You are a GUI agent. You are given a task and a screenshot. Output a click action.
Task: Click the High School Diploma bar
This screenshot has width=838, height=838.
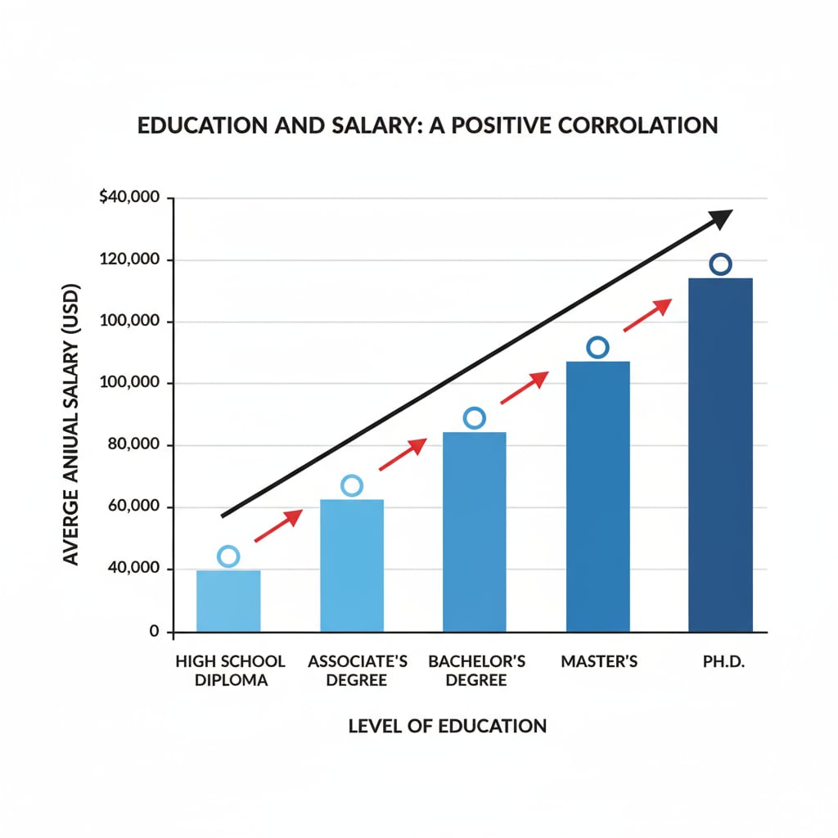pyautogui.click(x=228, y=601)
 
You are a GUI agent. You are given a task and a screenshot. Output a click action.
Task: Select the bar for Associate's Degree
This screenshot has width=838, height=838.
pyautogui.click(x=351, y=565)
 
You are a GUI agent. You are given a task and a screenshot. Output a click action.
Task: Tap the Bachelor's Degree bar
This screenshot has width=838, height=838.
pyautogui.click(x=474, y=532)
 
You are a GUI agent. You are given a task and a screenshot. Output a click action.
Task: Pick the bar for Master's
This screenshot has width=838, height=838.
pyautogui.click(x=597, y=496)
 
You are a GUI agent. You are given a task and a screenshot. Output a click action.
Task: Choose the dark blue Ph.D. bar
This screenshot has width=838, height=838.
pyautogui.click(x=720, y=455)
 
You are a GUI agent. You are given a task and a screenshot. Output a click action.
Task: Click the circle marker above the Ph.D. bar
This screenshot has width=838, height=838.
pyautogui.click(x=720, y=264)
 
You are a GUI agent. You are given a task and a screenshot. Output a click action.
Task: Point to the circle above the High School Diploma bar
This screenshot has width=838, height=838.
pyautogui.click(x=228, y=556)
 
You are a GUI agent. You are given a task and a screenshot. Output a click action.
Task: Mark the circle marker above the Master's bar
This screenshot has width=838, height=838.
pyautogui.click(x=597, y=348)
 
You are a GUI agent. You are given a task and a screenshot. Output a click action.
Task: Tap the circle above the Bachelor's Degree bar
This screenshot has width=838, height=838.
pyautogui.click(x=474, y=418)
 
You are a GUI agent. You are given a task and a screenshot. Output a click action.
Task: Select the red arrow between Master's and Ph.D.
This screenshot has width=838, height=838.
pyautogui.click(x=647, y=315)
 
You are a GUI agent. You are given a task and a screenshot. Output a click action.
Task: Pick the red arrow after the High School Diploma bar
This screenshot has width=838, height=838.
pyautogui.click(x=278, y=525)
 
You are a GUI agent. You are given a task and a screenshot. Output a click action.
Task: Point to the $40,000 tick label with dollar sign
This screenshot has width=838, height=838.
pyautogui.click(x=131, y=199)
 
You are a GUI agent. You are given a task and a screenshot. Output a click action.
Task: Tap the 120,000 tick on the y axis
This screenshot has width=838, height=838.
pyautogui.click(x=134, y=260)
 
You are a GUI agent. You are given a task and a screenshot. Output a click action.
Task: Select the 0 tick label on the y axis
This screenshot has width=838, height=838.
pyautogui.click(x=154, y=632)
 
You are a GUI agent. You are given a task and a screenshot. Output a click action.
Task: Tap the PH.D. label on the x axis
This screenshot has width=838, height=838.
pyautogui.click(x=721, y=661)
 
